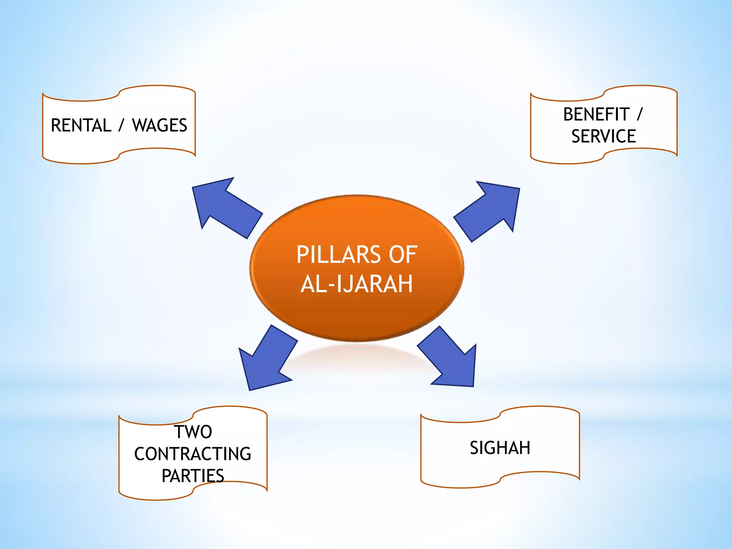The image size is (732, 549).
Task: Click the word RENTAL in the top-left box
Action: pyautogui.click(x=81, y=125)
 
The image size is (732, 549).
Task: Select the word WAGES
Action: pyautogui.click(x=159, y=125)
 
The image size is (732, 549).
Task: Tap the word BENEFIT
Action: pyautogui.click(x=596, y=115)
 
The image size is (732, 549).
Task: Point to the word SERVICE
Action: pyautogui.click(x=604, y=137)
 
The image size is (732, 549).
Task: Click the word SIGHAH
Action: pyautogui.click(x=500, y=448)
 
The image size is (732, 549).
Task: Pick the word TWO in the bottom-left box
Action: pyautogui.click(x=193, y=432)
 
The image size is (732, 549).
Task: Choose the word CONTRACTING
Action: pyautogui.click(x=193, y=454)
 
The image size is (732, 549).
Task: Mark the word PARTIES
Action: pyautogui.click(x=193, y=476)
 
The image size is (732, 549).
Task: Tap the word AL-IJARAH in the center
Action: pyautogui.click(x=357, y=284)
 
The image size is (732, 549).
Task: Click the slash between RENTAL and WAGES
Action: pyautogui.click(x=122, y=125)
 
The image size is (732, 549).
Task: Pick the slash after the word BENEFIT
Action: pyautogui.click(x=639, y=115)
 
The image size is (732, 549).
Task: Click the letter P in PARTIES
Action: pyautogui.click(x=167, y=476)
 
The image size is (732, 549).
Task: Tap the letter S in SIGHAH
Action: pyautogui.click(x=474, y=448)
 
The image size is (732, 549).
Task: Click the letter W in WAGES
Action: pyautogui.click(x=140, y=125)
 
